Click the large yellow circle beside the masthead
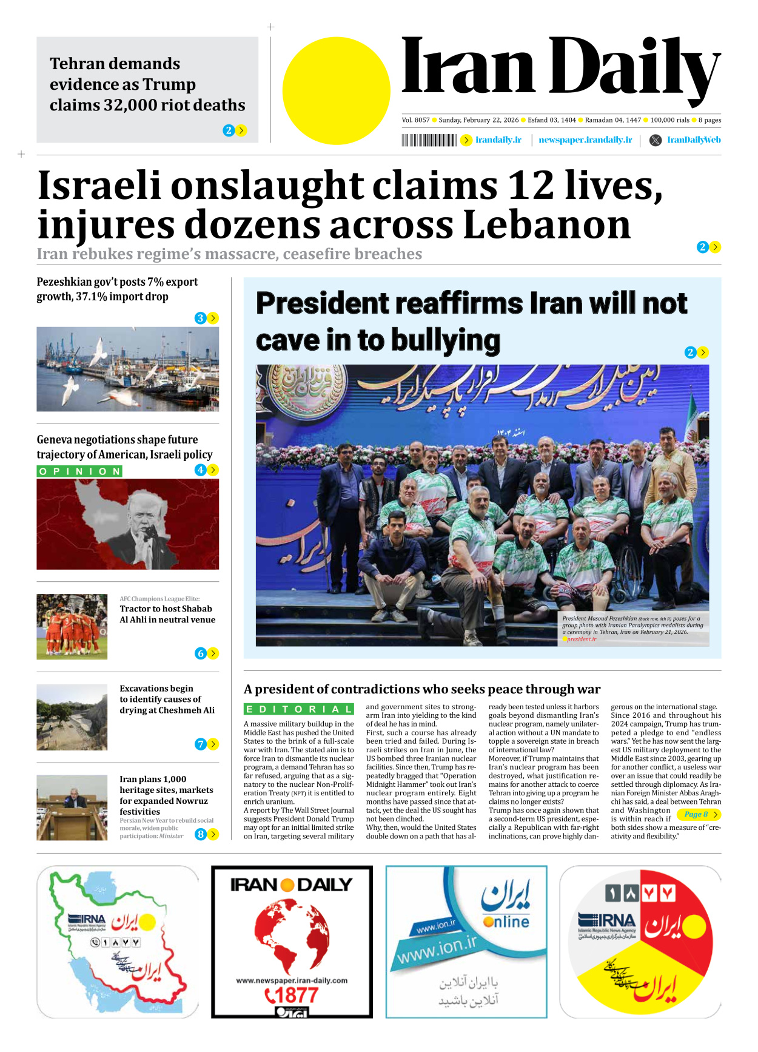(336, 91)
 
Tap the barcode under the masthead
(429, 141)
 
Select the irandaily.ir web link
(498, 140)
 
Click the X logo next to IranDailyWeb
(655, 140)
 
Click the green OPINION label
(79, 471)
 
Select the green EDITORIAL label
(298, 709)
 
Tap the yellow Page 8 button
(699, 815)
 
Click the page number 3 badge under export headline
(200, 319)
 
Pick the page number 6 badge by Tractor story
(200, 653)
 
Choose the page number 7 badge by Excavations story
(200, 744)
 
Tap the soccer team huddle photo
(72, 627)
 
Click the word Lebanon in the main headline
(547, 225)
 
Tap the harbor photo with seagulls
(127, 369)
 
